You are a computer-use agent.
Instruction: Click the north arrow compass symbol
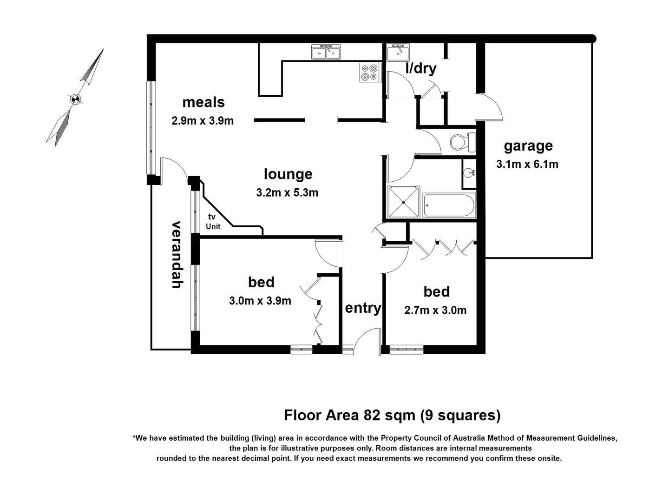click(75, 99)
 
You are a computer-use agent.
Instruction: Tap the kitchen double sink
click(326, 53)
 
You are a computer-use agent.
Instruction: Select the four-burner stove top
click(370, 73)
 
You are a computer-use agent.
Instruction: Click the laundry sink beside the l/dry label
click(398, 53)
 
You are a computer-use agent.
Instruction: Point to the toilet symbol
click(463, 142)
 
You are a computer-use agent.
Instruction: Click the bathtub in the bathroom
click(449, 205)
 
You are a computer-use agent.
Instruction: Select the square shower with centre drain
click(403, 202)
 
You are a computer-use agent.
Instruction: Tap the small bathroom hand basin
click(469, 173)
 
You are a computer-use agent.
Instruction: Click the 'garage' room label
click(528, 146)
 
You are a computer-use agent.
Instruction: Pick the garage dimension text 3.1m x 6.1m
click(527, 164)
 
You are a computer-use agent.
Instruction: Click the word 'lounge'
click(288, 174)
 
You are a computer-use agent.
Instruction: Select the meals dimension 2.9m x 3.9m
click(203, 121)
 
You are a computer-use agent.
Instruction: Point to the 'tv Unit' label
click(213, 222)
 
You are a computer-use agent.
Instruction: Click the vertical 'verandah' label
click(177, 254)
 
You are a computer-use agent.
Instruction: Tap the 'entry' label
click(363, 308)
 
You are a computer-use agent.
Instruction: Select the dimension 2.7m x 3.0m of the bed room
click(435, 310)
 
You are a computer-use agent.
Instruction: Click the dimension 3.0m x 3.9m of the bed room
click(260, 301)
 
